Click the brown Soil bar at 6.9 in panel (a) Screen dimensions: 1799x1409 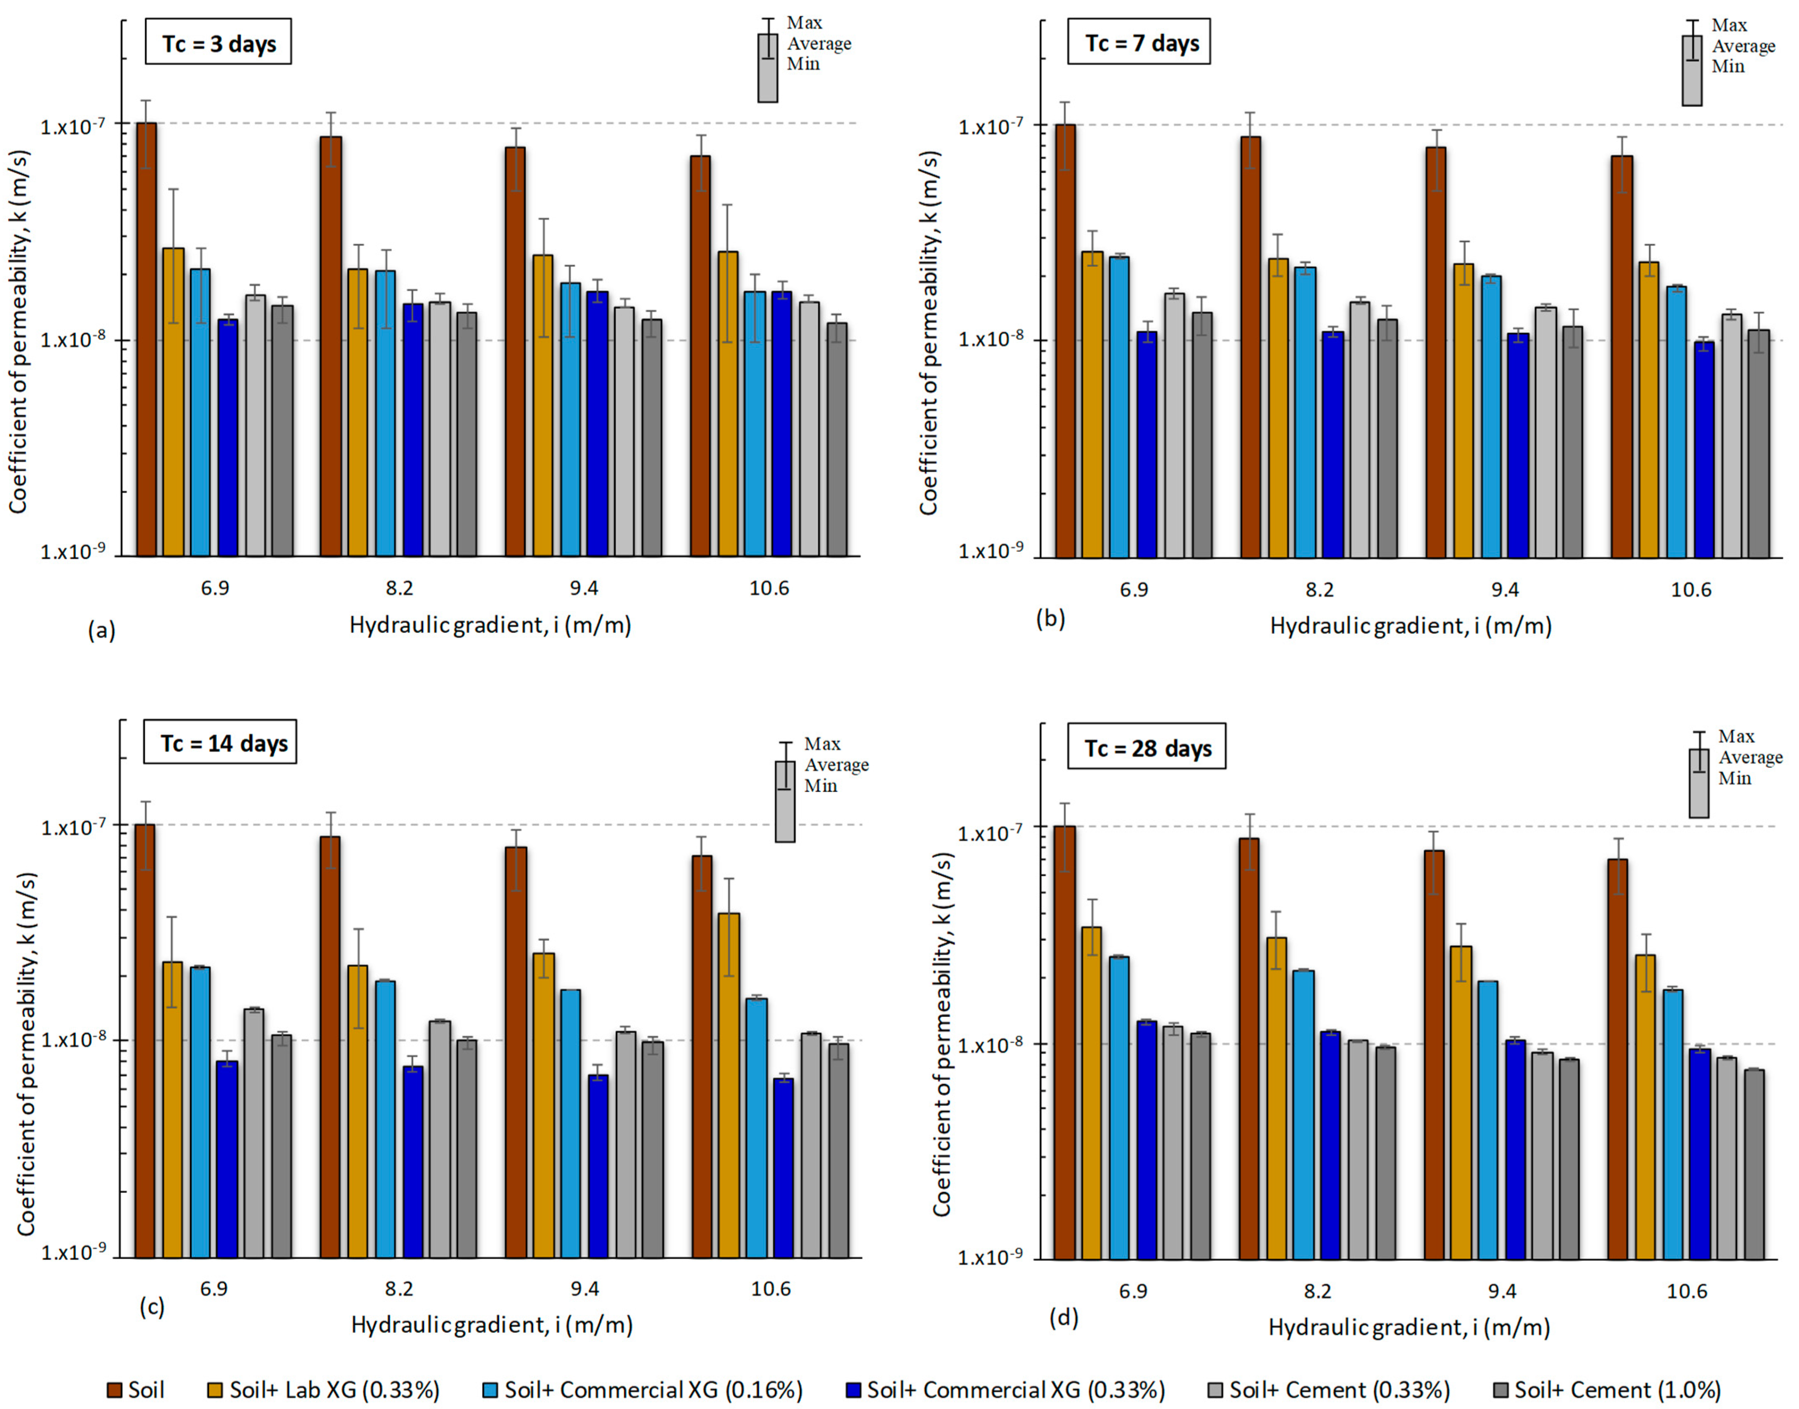[x=147, y=339]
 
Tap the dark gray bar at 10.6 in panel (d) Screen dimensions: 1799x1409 [x=1754, y=1164]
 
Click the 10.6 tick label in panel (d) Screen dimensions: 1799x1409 [x=1687, y=1291]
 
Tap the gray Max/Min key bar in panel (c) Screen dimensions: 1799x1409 [x=784, y=801]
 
